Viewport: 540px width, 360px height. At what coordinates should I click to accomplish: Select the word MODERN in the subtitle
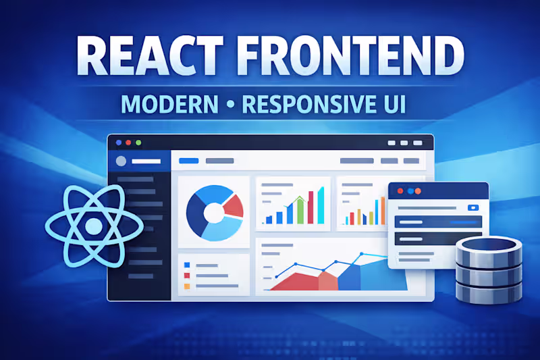169,105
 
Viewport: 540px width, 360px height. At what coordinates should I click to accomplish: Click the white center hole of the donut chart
213,213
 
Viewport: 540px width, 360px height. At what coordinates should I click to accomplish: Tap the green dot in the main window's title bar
138,143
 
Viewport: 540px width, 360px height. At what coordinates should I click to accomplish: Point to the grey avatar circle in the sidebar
122,161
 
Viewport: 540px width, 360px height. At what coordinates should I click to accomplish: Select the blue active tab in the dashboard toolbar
188,161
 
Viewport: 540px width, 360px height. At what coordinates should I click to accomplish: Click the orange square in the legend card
187,286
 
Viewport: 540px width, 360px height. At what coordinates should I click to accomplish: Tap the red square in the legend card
187,276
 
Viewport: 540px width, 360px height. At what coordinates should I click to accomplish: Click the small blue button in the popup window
473,207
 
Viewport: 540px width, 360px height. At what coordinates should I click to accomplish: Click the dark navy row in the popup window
438,237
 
